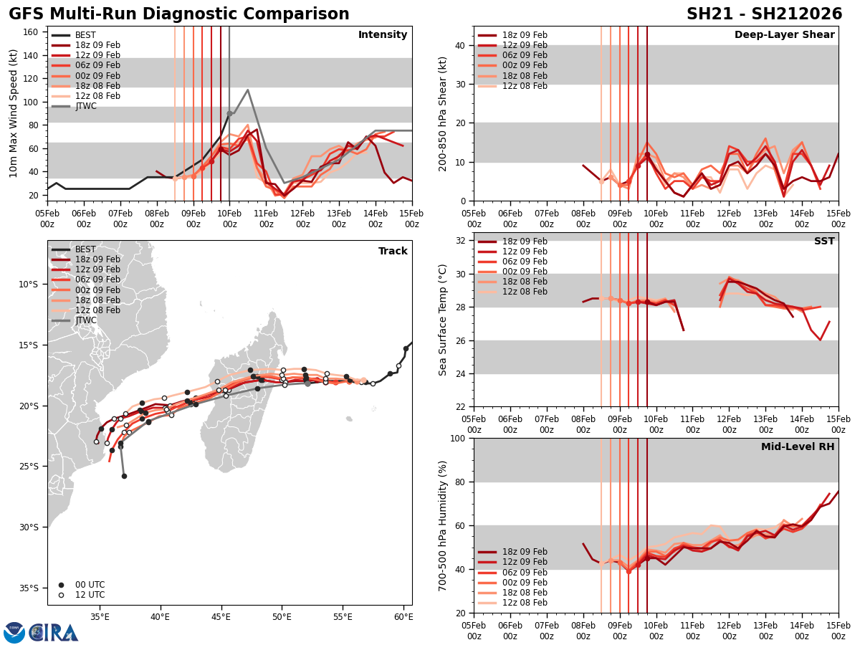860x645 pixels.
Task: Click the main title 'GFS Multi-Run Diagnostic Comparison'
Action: click(179, 14)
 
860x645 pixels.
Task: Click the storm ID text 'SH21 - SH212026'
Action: click(764, 14)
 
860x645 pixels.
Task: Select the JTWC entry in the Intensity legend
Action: click(85, 106)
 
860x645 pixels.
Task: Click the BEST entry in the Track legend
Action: click(85, 249)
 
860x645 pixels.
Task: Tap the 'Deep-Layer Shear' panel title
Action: click(784, 35)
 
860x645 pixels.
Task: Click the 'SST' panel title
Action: click(823, 241)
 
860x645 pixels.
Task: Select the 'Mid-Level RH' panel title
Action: click(798, 446)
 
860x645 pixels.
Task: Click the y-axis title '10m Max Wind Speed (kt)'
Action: click(14, 113)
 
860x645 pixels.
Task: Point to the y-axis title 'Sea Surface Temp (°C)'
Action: click(443, 319)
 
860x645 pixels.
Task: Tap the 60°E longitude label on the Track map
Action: click(403, 615)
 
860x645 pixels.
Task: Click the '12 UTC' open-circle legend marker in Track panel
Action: click(61, 595)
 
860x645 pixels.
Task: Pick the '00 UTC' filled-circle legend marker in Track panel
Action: click(61, 585)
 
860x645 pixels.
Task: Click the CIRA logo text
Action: click(54, 632)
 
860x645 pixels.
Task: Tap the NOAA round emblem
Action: click(14, 632)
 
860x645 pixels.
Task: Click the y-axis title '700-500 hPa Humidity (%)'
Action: click(443, 525)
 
